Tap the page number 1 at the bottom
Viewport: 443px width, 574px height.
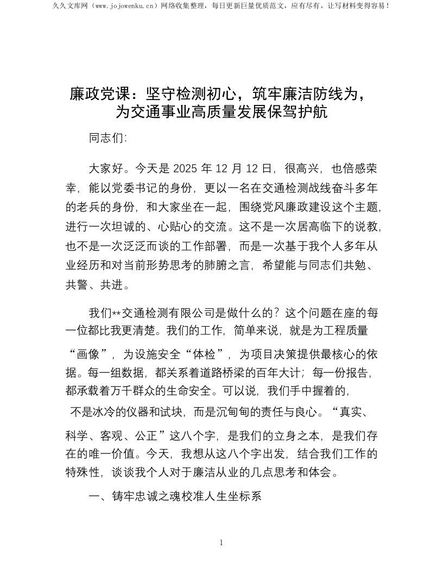[221, 542]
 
